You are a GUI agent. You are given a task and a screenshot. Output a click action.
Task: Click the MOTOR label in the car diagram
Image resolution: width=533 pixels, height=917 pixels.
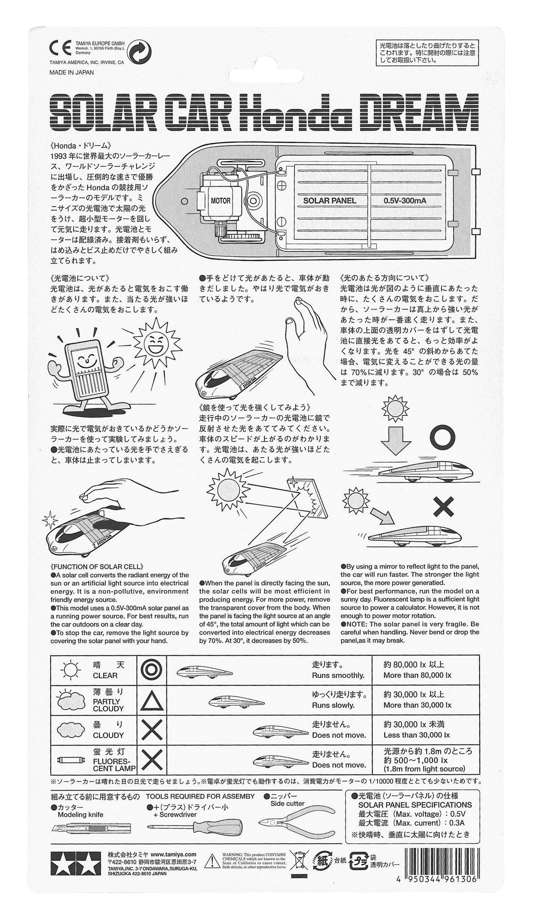pos(220,201)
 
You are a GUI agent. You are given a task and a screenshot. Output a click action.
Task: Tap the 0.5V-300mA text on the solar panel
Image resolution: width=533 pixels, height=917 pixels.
pos(404,201)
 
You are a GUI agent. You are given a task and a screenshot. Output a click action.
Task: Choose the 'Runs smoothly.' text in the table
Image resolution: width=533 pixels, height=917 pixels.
pos(338,676)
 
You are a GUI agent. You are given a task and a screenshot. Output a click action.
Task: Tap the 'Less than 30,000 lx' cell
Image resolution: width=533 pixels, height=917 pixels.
pos(416,735)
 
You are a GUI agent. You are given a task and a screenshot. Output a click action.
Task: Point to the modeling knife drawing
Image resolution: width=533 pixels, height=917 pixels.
pos(91,830)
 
